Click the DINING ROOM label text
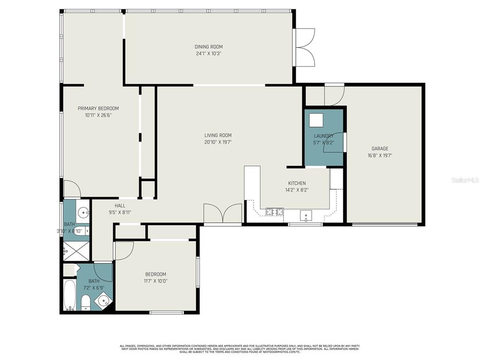pyautogui.click(x=209, y=46)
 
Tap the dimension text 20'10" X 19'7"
pyautogui.click(x=218, y=142)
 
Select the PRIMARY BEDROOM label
pyautogui.click(x=98, y=108)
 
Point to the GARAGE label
pyautogui.click(x=380, y=149)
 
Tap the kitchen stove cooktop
pyautogui.click(x=274, y=212)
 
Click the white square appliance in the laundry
pyautogui.click(x=316, y=120)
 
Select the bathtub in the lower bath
pyautogui.click(x=69, y=296)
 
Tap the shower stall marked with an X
pyautogui.click(x=75, y=251)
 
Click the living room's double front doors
pyautogui.click(x=223, y=215)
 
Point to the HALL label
pyautogui.click(x=120, y=205)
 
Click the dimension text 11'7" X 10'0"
pyautogui.click(x=155, y=281)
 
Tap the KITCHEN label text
pyautogui.click(x=297, y=183)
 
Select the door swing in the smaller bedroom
pyautogui.click(x=124, y=250)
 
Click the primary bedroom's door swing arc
pyautogui.click(x=72, y=189)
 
